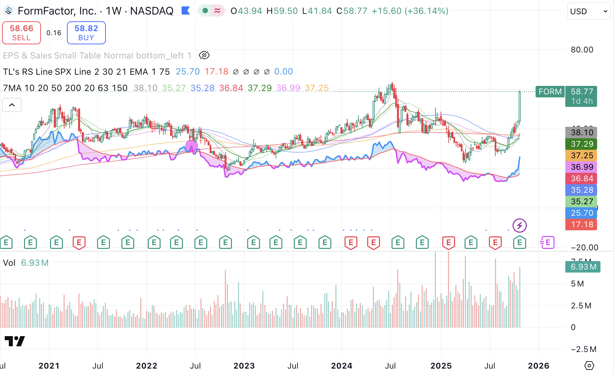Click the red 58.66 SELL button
click(21, 33)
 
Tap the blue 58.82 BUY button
click(86, 33)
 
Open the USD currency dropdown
click(588, 11)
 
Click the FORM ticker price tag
click(550, 92)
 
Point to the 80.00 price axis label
click(582, 50)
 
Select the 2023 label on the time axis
click(244, 366)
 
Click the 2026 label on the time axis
click(539, 366)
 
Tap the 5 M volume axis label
click(577, 284)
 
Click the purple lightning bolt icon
click(520, 225)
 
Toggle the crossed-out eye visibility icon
click(204, 55)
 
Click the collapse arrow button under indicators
click(12, 105)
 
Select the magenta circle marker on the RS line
click(191, 146)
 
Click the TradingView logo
click(15, 341)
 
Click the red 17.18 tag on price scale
click(582, 225)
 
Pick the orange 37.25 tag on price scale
click(582, 156)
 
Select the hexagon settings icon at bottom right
click(589, 366)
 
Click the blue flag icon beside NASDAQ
click(185, 11)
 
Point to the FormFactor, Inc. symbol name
click(57, 11)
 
